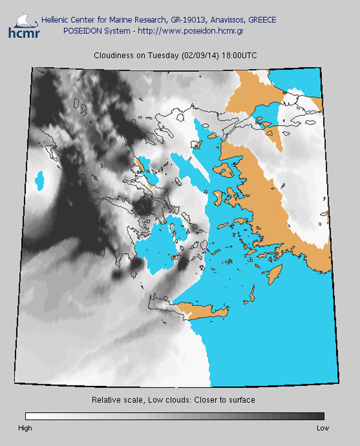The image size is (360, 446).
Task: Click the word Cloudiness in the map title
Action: [113, 55]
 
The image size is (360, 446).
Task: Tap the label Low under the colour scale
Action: [323, 428]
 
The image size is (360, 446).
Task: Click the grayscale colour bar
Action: [175, 416]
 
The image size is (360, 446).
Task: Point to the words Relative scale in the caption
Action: [115, 400]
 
